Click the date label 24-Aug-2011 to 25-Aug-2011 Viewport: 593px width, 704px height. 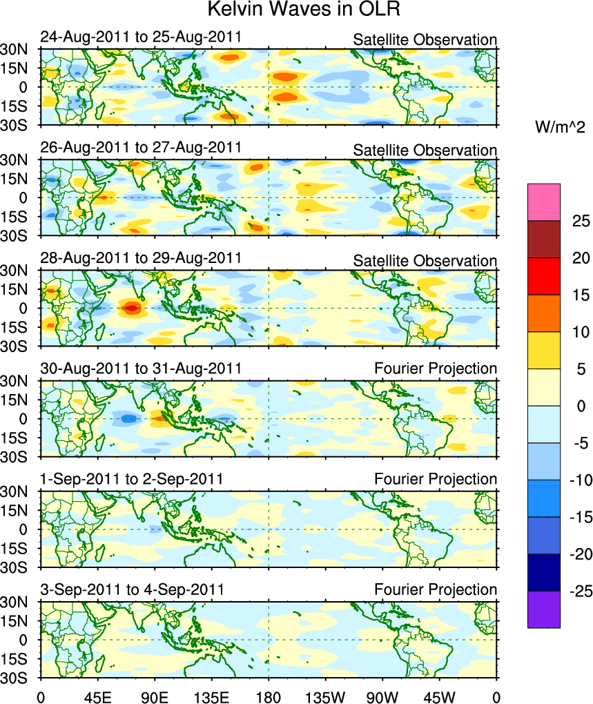[141, 37]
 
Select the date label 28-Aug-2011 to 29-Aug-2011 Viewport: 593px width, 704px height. [141, 257]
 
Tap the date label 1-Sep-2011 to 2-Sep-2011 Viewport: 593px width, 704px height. [132, 479]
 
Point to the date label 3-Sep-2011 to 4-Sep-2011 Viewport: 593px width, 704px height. [132, 589]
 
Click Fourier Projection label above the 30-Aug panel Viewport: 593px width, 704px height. [435, 369]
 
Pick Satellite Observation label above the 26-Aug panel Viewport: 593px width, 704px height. [425, 150]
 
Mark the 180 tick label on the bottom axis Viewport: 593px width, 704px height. [269, 692]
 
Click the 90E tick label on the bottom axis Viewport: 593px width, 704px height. [155, 692]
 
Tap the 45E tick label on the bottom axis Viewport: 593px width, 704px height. [98, 692]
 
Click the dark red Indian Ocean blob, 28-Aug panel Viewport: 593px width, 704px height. [130, 308]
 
